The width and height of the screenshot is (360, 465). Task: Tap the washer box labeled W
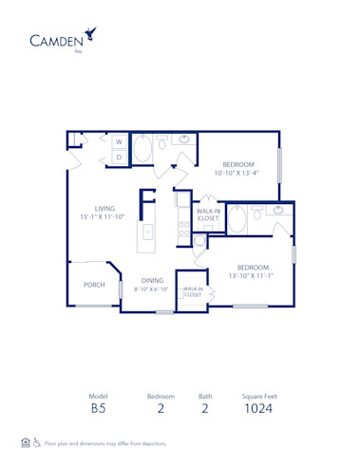click(x=120, y=141)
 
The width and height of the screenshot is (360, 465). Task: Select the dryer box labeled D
click(x=120, y=157)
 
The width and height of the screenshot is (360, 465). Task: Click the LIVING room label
click(x=104, y=209)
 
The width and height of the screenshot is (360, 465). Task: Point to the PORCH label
click(x=94, y=285)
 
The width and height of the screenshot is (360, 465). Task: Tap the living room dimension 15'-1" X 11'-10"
click(x=104, y=218)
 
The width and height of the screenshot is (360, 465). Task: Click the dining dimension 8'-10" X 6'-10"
click(x=151, y=289)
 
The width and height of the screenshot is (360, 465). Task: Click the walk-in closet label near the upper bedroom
click(x=208, y=214)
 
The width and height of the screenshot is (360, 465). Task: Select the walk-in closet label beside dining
click(x=193, y=292)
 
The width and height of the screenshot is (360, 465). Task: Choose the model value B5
click(x=98, y=410)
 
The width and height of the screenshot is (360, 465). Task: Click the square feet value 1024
click(x=258, y=410)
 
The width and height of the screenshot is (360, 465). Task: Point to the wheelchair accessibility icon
click(x=37, y=442)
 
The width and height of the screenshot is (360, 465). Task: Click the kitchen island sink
click(x=148, y=232)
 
